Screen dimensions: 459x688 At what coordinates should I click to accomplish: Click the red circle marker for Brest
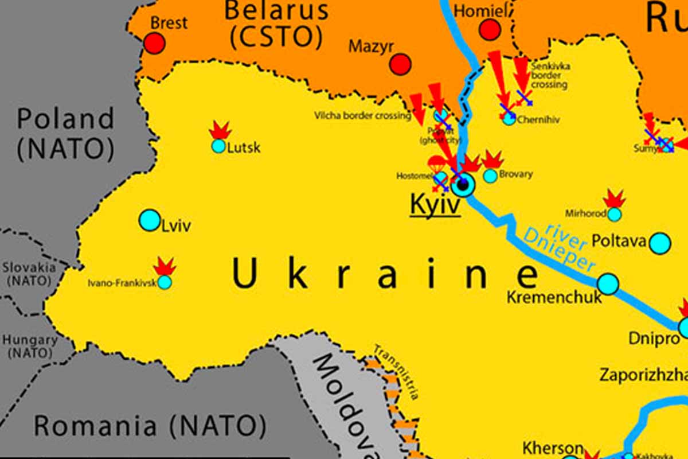[x=154, y=44]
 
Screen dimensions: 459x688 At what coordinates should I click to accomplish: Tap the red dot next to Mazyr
[x=400, y=64]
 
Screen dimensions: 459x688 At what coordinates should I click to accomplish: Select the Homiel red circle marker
[x=490, y=29]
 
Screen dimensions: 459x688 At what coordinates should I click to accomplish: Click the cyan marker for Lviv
[x=150, y=220]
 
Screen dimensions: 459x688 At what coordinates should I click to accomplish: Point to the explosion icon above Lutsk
[x=220, y=130]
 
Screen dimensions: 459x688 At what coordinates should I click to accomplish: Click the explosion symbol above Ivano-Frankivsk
[x=165, y=266]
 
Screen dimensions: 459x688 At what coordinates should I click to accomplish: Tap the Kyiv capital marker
[x=463, y=185]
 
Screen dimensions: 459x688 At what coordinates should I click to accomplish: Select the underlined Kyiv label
[x=435, y=205]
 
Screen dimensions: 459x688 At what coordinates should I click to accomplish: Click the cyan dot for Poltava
[x=660, y=243]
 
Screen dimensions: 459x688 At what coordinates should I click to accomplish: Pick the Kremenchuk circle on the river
[x=608, y=283]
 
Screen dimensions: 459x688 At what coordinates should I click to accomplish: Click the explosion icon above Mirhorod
[x=615, y=199]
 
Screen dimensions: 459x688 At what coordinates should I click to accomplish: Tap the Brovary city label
[x=516, y=174]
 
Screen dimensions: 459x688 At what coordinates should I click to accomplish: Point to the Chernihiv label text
[x=538, y=120]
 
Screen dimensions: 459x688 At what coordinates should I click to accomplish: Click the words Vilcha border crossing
[x=362, y=116]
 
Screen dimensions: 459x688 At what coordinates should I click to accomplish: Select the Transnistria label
[x=396, y=372]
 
